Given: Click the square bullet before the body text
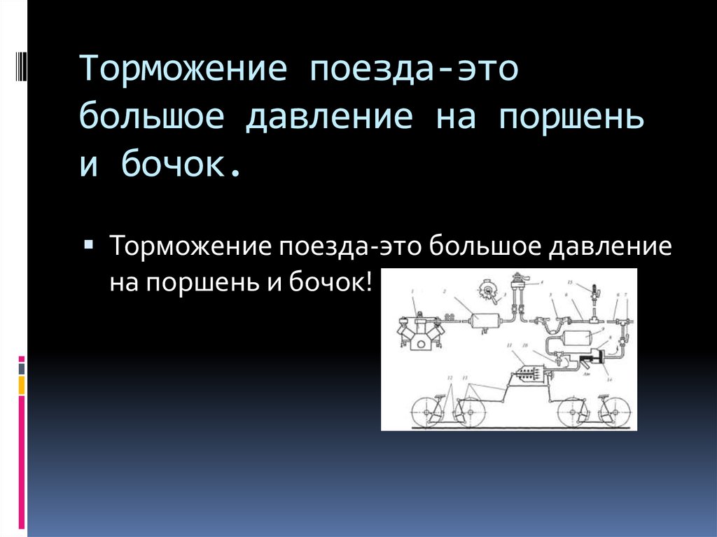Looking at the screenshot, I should pyautogui.click(x=91, y=245).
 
